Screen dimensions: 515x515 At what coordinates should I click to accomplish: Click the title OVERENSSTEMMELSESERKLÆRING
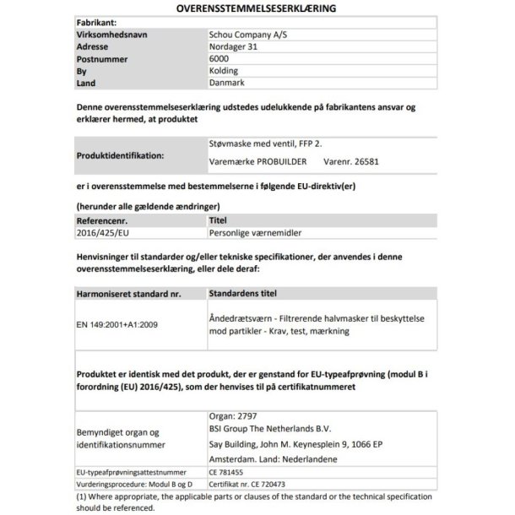click(257, 8)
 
